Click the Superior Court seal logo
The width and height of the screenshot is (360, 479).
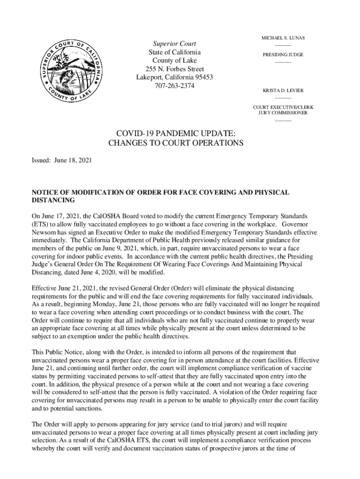pyautogui.click(x=72, y=71)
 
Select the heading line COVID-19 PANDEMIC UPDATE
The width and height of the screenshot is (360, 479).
pyautogui.click(x=176, y=133)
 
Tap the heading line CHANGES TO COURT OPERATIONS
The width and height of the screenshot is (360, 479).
pyautogui.click(x=176, y=143)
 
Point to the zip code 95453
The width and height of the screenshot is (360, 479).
pyautogui.click(x=202, y=78)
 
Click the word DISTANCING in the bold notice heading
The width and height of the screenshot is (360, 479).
pyautogui.click(x=53, y=201)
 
